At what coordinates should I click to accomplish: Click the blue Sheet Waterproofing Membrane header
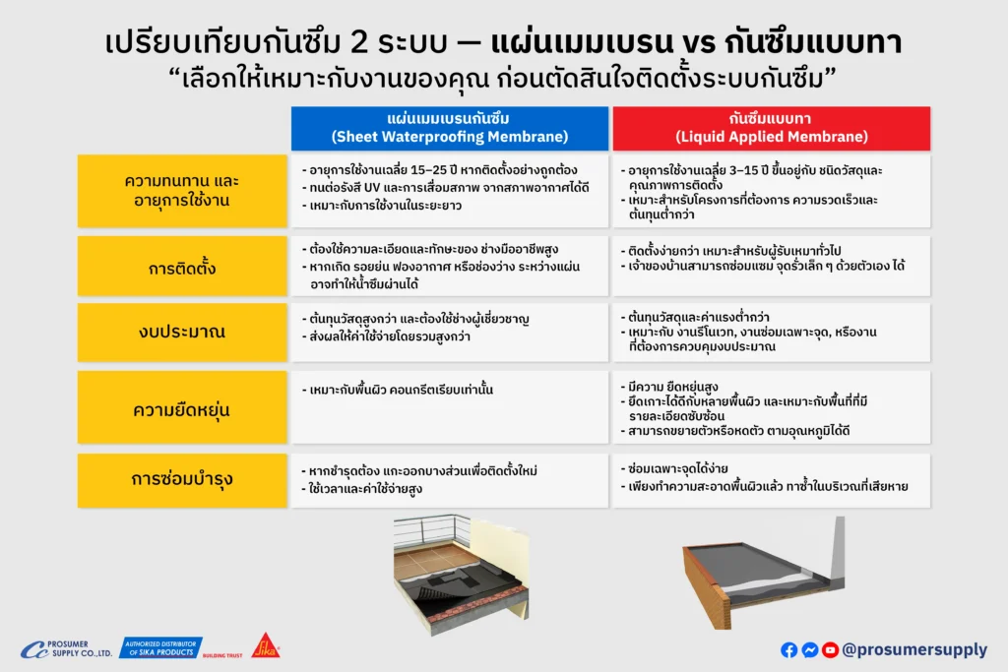pyautogui.click(x=449, y=128)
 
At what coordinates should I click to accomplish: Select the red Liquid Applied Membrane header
pyautogui.click(x=771, y=128)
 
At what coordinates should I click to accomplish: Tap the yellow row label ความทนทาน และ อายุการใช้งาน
pyautogui.click(x=182, y=191)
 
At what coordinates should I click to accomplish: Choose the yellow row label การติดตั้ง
pyautogui.click(x=182, y=267)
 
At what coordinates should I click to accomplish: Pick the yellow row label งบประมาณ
pyautogui.click(x=182, y=332)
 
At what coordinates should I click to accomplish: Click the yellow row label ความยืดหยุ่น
pyautogui.click(x=182, y=408)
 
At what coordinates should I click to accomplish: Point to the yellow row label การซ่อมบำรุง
pyautogui.click(x=182, y=480)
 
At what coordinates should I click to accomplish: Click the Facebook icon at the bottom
pyautogui.click(x=788, y=649)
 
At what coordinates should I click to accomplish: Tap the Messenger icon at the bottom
pyautogui.click(x=809, y=649)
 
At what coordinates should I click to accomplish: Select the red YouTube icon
pyautogui.click(x=830, y=649)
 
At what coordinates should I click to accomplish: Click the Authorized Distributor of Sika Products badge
pyautogui.click(x=160, y=647)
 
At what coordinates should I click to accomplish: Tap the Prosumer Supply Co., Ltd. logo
pyautogui.click(x=66, y=649)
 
